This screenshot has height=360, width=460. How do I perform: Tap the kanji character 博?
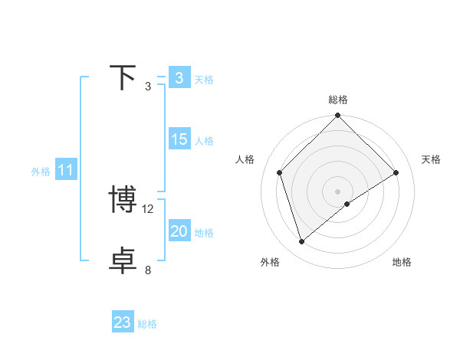click(123, 200)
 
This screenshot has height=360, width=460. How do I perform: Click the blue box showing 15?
click(179, 139)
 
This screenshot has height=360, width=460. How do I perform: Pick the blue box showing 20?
click(179, 231)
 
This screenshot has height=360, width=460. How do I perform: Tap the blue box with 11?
click(66, 170)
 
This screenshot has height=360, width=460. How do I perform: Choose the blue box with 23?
click(123, 322)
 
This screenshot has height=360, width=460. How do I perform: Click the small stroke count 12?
click(149, 208)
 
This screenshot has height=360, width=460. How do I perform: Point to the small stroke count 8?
click(148, 270)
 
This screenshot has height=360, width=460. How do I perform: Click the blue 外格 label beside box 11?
click(41, 172)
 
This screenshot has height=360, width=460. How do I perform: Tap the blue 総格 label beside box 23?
click(147, 324)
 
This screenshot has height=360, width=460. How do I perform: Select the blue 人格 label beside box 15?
click(204, 141)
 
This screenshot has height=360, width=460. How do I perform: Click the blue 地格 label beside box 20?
click(204, 233)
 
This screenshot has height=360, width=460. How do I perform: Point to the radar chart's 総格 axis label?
click(338, 100)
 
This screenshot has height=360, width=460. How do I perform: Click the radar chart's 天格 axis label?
click(432, 159)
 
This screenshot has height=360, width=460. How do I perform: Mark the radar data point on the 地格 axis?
click(347, 204)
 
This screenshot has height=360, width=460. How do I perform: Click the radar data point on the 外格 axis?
click(301, 242)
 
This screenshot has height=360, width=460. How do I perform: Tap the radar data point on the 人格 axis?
click(280, 172)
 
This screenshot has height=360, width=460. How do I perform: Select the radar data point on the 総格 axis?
click(338, 116)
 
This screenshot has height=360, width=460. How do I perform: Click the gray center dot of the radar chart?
click(338, 191)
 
